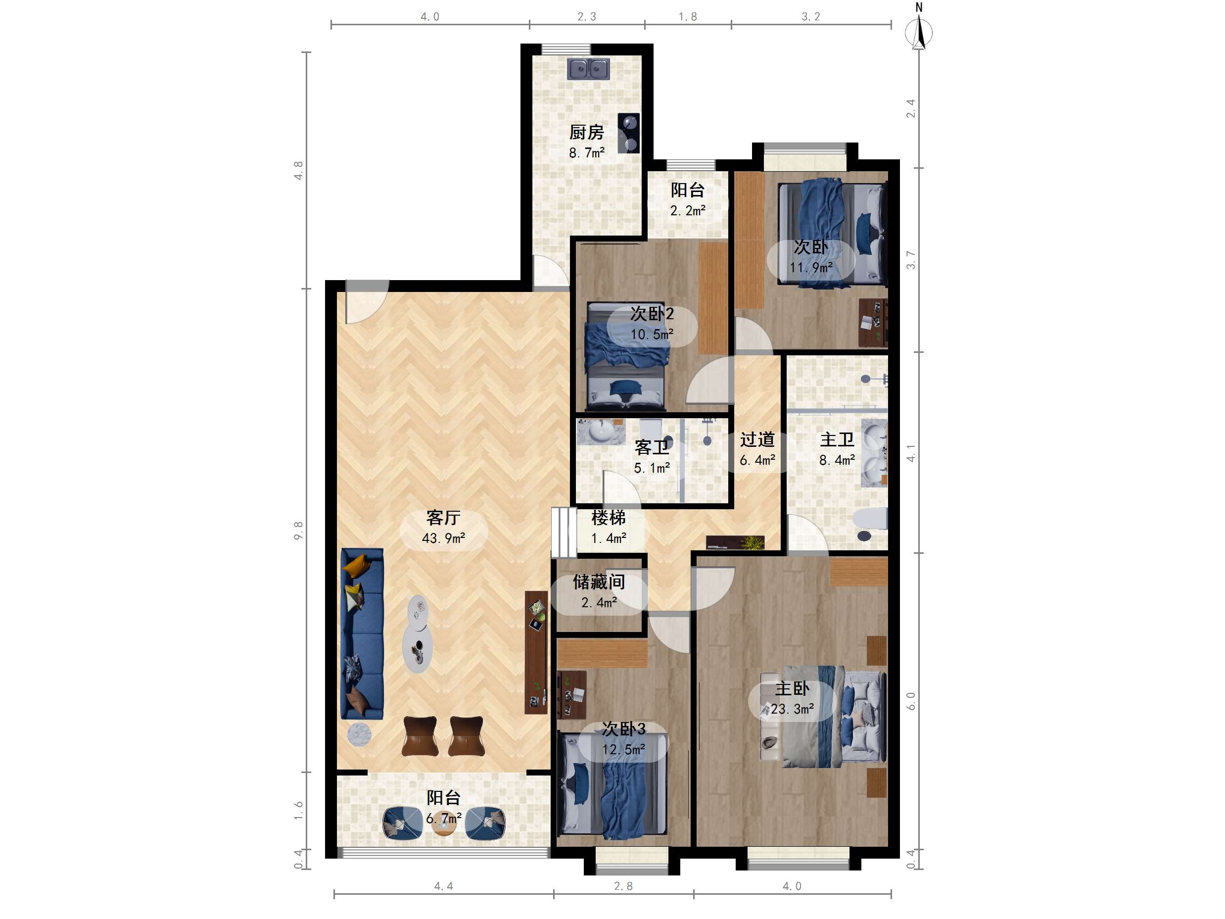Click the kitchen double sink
click(x=588, y=69)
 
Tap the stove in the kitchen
click(x=628, y=133)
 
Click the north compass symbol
click(x=919, y=28)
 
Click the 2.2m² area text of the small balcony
click(x=688, y=210)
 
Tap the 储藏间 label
click(x=599, y=581)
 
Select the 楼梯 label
click(x=608, y=517)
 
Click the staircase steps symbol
click(x=564, y=532)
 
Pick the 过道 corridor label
click(x=757, y=439)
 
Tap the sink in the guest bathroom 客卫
click(x=600, y=432)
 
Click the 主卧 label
click(x=792, y=688)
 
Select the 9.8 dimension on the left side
click(x=298, y=530)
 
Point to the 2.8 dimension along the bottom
click(x=623, y=886)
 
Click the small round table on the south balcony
click(x=444, y=825)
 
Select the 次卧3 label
click(x=623, y=728)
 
